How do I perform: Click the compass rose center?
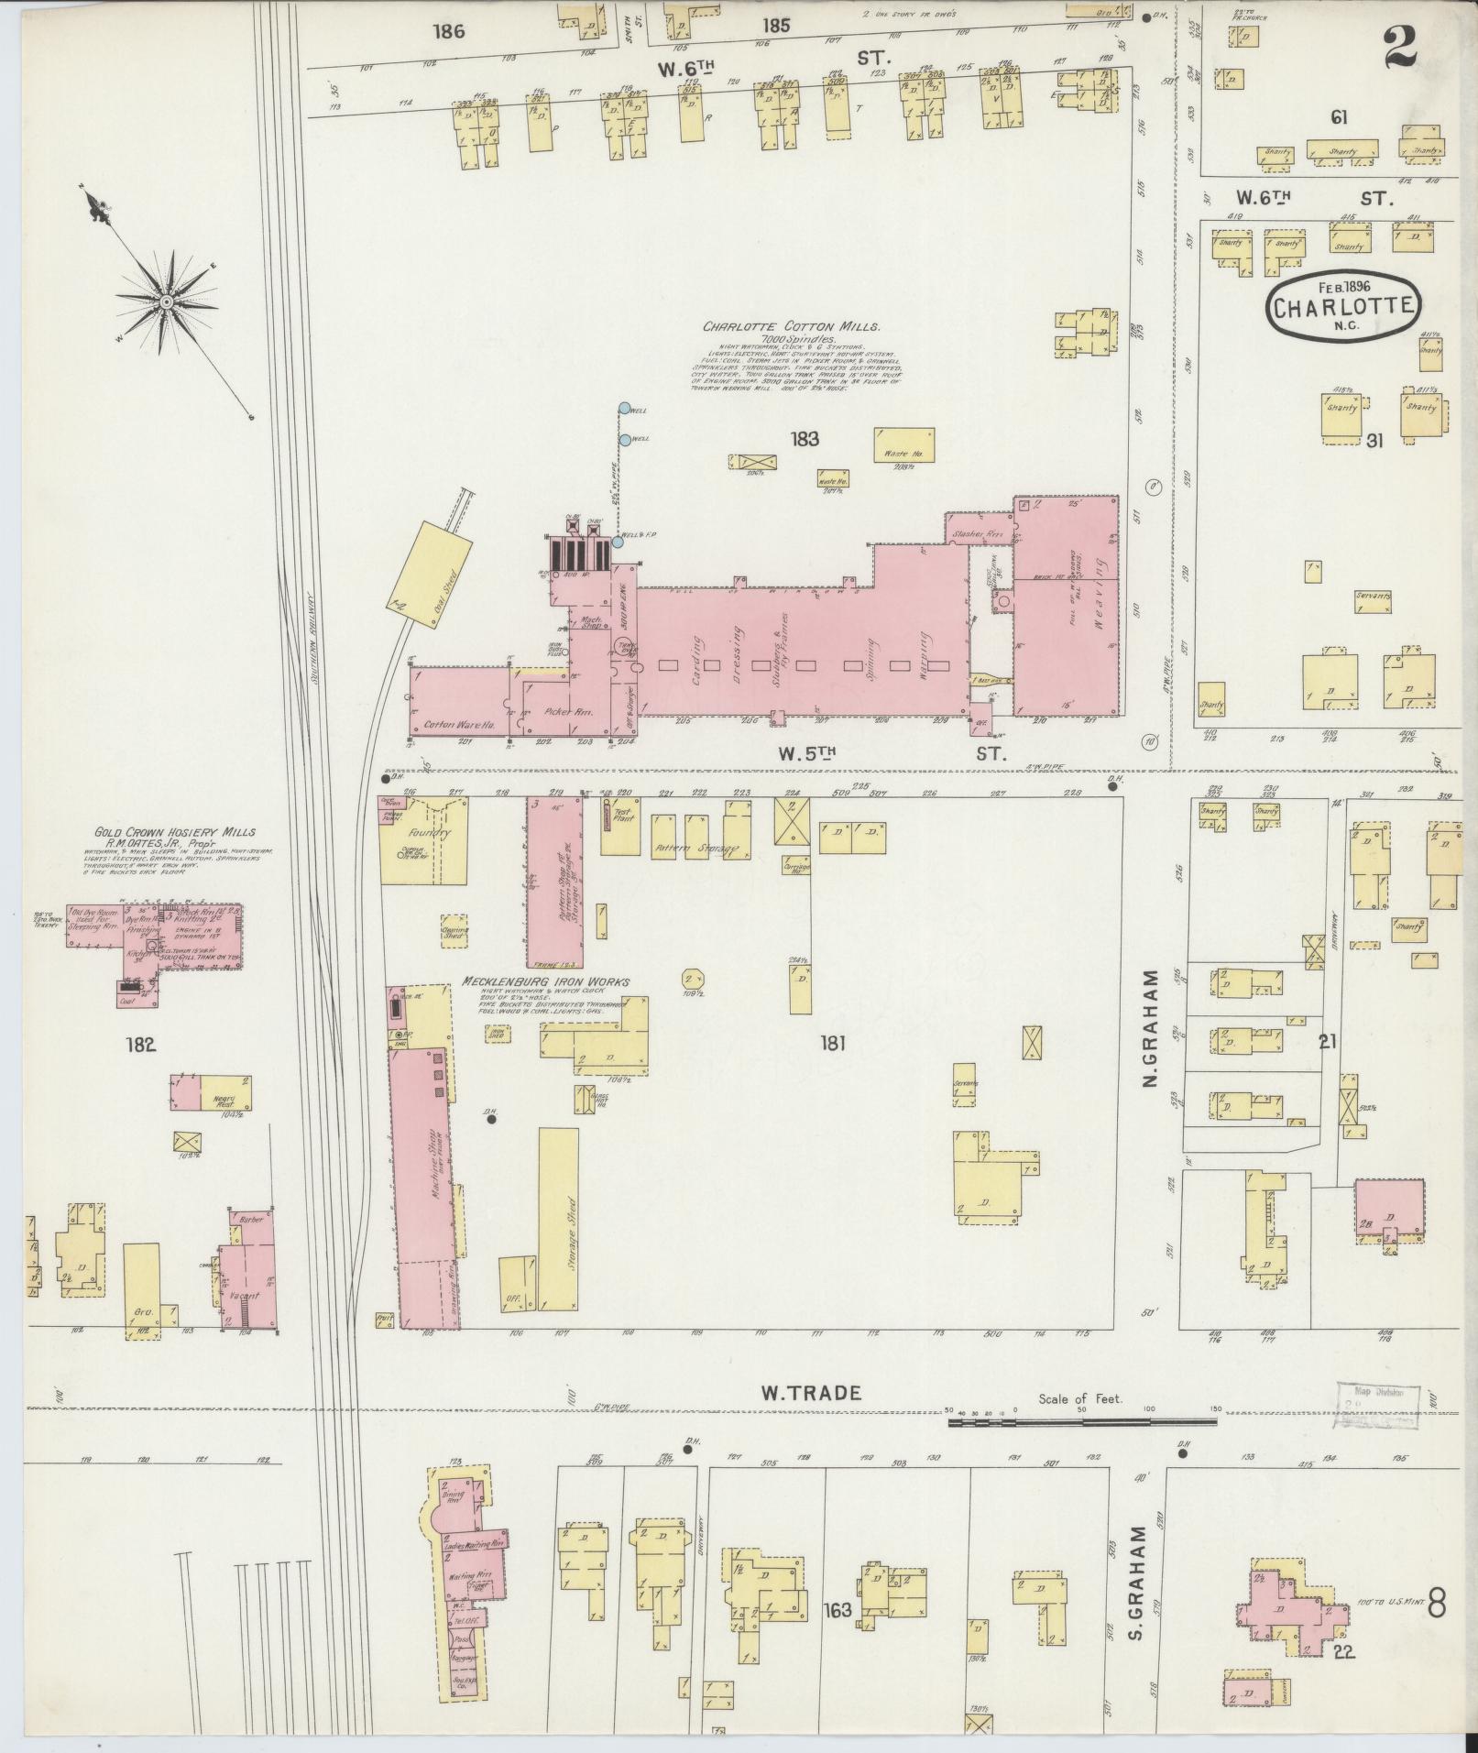coord(167,301)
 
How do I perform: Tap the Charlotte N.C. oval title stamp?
coord(1342,307)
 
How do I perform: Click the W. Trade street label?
coord(811,1419)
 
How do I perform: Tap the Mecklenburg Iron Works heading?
coord(546,981)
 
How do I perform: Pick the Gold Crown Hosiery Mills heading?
coord(175,832)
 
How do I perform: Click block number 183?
coord(806,439)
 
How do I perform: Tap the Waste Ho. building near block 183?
coord(904,444)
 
